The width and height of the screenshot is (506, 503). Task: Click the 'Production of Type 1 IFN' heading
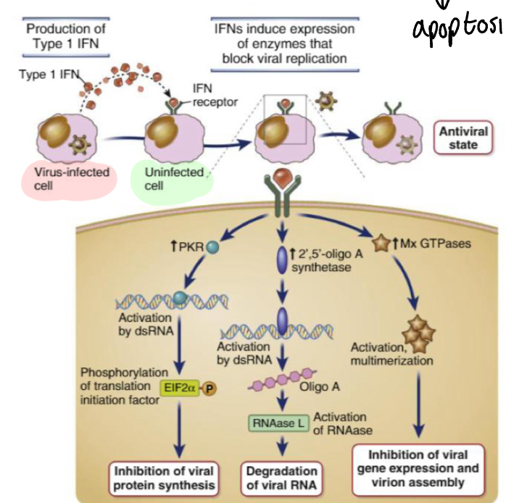point(66,36)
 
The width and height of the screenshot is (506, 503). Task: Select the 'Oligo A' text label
point(324,386)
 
